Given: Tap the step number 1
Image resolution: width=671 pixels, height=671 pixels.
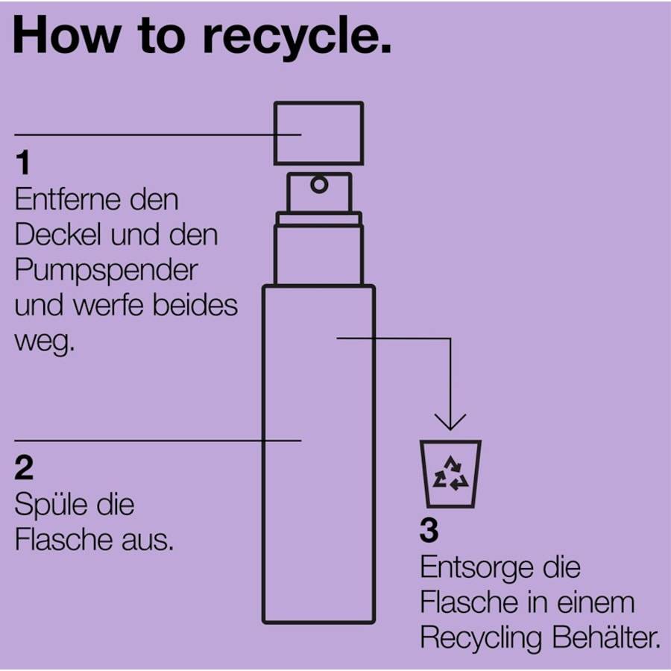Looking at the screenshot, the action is [x=23, y=163].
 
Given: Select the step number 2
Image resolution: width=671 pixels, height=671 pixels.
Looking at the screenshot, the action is [x=24, y=467].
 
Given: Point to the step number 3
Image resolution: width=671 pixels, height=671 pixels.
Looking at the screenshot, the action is [x=429, y=530].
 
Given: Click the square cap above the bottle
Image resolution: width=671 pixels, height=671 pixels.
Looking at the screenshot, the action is [x=319, y=133].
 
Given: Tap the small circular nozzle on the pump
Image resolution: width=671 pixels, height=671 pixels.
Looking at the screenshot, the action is [x=319, y=185].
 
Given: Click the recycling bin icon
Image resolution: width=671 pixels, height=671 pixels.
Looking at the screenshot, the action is [x=450, y=473].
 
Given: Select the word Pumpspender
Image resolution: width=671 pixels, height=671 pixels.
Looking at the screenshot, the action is [x=106, y=271].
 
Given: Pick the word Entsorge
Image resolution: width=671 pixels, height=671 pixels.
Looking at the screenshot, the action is [x=476, y=569].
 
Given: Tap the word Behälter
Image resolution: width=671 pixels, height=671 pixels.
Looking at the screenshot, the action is [x=606, y=637].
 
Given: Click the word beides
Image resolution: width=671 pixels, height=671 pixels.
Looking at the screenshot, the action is [x=195, y=305].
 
